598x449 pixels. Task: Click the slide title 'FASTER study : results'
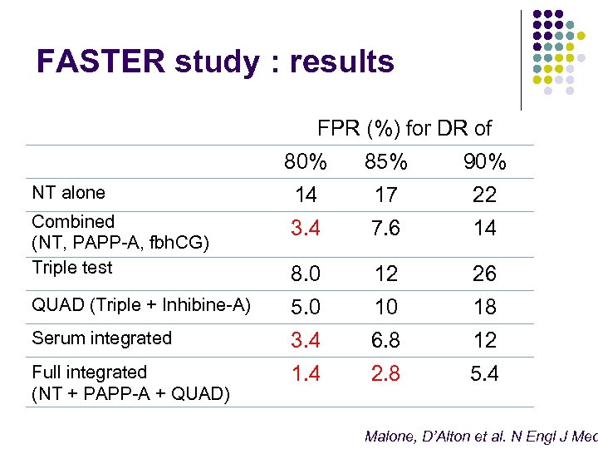pyautogui.click(x=215, y=62)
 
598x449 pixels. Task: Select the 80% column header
pyautogui.click(x=306, y=162)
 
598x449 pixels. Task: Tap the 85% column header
pyautogui.click(x=386, y=162)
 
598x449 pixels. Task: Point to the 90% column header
pyautogui.click(x=484, y=162)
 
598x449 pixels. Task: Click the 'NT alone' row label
pyautogui.click(x=68, y=193)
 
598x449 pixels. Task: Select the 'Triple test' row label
pyautogui.click(x=71, y=268)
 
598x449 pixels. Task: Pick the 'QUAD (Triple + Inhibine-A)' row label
pyautogui.click(x=141, y=305)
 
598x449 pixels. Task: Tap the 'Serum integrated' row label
pyautogui.click(x=101, y=338)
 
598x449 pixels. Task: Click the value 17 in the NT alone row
pyautogui.click(x=386, y=195)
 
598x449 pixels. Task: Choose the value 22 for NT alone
pyautogui.click(x=484, y=195)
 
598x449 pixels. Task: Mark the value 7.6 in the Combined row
pyautogui.click(x=386, y=228)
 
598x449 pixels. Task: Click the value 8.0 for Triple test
pyautogui.click(x=306, y=274)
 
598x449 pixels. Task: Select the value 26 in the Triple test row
pyautogui.click(x=484, y=274)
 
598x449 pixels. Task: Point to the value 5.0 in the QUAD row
pyautogui.click(x=306, y=307)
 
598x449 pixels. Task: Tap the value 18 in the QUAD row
pyautogui.click(x=484, y=307)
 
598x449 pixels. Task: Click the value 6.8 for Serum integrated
pyautogui.click(x=386, y=340)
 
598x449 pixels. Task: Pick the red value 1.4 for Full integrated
pyautogui.click(x=306, y=373)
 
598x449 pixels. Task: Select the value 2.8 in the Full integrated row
pyautogui.click(x=386, y=373)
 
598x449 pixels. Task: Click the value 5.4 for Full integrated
pyautogui.click(x=484, y=373)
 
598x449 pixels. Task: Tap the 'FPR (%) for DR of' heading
pyautogui.click(x=404, y=128)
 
